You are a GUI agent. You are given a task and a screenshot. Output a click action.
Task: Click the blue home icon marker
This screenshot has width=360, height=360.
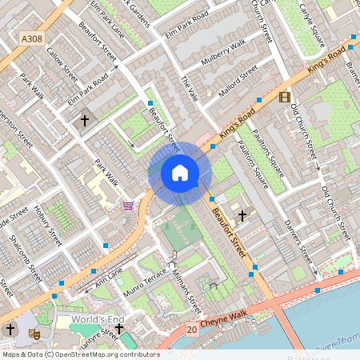click(180, 173)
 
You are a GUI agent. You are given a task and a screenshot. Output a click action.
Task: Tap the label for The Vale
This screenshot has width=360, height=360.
click(189, 93)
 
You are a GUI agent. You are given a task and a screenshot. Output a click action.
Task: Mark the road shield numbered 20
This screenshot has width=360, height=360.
click(191, 329)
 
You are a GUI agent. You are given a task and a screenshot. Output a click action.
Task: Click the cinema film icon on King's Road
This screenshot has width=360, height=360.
click(284, 97)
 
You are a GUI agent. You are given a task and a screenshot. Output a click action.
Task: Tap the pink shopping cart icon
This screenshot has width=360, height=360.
click(127, 206)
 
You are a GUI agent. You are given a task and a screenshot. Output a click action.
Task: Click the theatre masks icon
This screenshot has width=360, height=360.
click(34, 331)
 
